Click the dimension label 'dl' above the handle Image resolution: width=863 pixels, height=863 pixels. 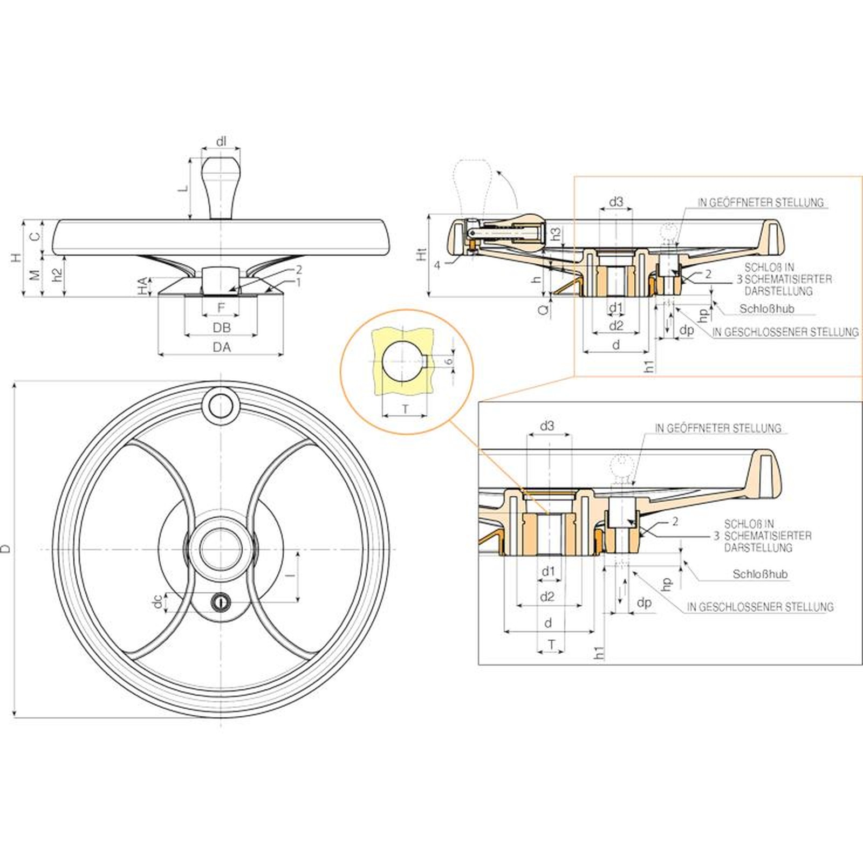(x=221, y=142)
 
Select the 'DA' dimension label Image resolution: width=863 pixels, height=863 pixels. (x=221, y=347)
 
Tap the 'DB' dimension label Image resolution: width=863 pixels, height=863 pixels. (x=221, y=327)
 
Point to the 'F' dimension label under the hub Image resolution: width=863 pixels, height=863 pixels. (x=221, y=307)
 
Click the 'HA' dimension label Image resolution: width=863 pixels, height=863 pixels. (x=143, y=286)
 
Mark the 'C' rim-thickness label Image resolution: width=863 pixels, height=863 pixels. (x=34, y=236)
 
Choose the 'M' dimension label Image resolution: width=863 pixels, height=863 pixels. (x=34, y=275)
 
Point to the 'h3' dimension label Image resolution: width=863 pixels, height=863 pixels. (x=556, y=234)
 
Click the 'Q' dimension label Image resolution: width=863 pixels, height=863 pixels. (x=545, y=309)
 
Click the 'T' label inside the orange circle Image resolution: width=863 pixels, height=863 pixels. (x=406, y=410)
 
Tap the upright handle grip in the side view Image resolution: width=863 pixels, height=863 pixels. (x=220, y=187)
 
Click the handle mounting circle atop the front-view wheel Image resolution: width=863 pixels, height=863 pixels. (x=221, y=406)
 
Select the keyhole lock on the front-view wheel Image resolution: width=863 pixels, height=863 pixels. (x=221, y=601)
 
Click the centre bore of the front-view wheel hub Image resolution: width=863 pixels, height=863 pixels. (x=221, y=549)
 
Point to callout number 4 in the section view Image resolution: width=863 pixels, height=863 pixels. (x=437, y=265)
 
